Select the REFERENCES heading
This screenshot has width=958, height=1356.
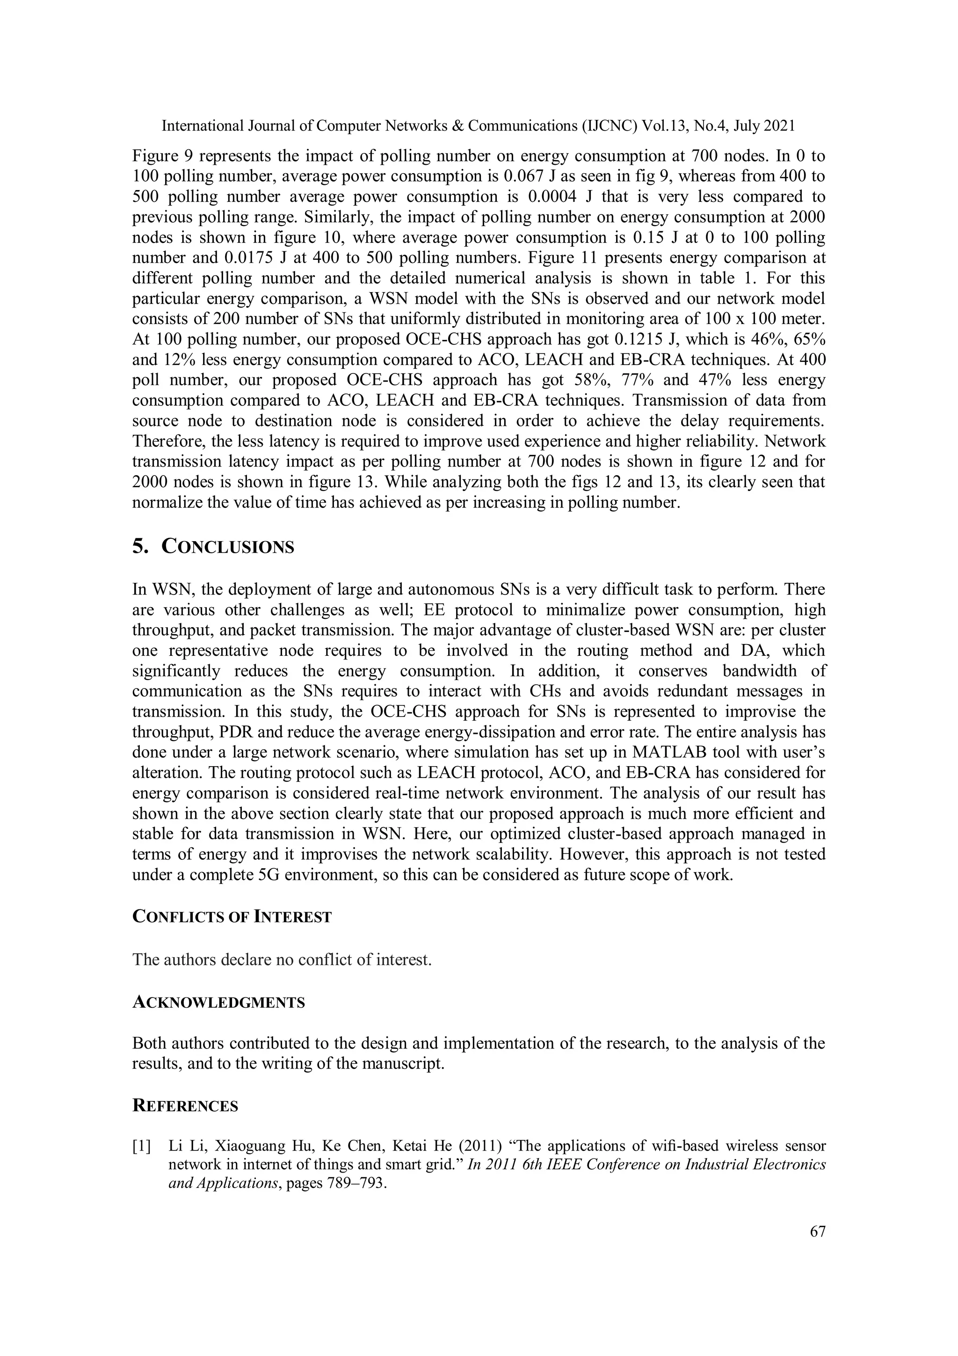[185, 1106]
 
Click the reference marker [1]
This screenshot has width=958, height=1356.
[142, 1146]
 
